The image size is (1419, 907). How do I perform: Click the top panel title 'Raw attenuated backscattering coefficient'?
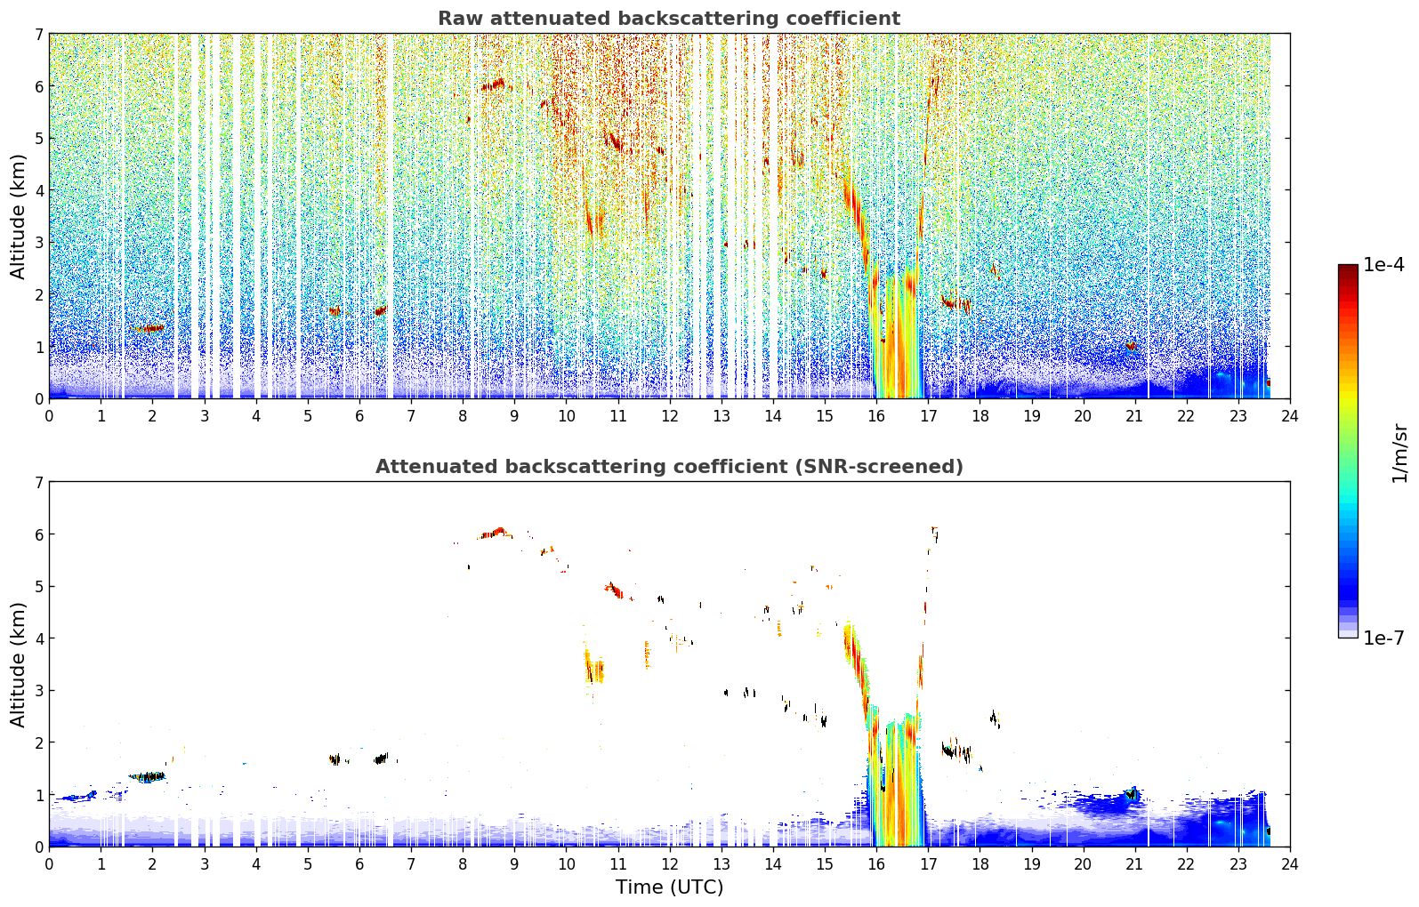click(669, 19)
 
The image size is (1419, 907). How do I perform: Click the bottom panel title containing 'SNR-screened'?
click(669, 467)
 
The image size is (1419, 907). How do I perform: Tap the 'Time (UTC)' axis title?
click(669, 887)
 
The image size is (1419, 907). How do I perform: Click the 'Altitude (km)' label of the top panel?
click(18, 217)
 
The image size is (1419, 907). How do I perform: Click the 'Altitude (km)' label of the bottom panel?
click(18, 664)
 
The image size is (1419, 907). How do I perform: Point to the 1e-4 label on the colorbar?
click(1383, 265)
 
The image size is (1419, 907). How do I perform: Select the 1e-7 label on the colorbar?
click(1383, 638)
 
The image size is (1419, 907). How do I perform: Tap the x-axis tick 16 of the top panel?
click(876, 416)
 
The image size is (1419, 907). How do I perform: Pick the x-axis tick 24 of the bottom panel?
click(1290, 864)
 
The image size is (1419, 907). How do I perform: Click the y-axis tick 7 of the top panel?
click(38, 34)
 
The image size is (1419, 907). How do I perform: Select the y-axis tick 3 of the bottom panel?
click(38, 690)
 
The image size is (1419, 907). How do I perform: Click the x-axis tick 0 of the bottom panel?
click(50, 864)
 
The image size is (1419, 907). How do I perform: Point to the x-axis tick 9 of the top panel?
click(514, 416)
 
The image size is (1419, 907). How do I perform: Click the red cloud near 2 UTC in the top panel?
click(149, 328)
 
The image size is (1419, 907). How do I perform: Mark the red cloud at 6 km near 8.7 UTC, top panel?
click(494, 84)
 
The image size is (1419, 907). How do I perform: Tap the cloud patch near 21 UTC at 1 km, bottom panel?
click(1131, 793)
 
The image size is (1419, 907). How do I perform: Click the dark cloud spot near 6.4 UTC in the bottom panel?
click(381, 759)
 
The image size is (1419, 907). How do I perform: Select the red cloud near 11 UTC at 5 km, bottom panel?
click(614, 590)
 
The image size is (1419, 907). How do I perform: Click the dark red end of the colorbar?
click(1348, 269)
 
